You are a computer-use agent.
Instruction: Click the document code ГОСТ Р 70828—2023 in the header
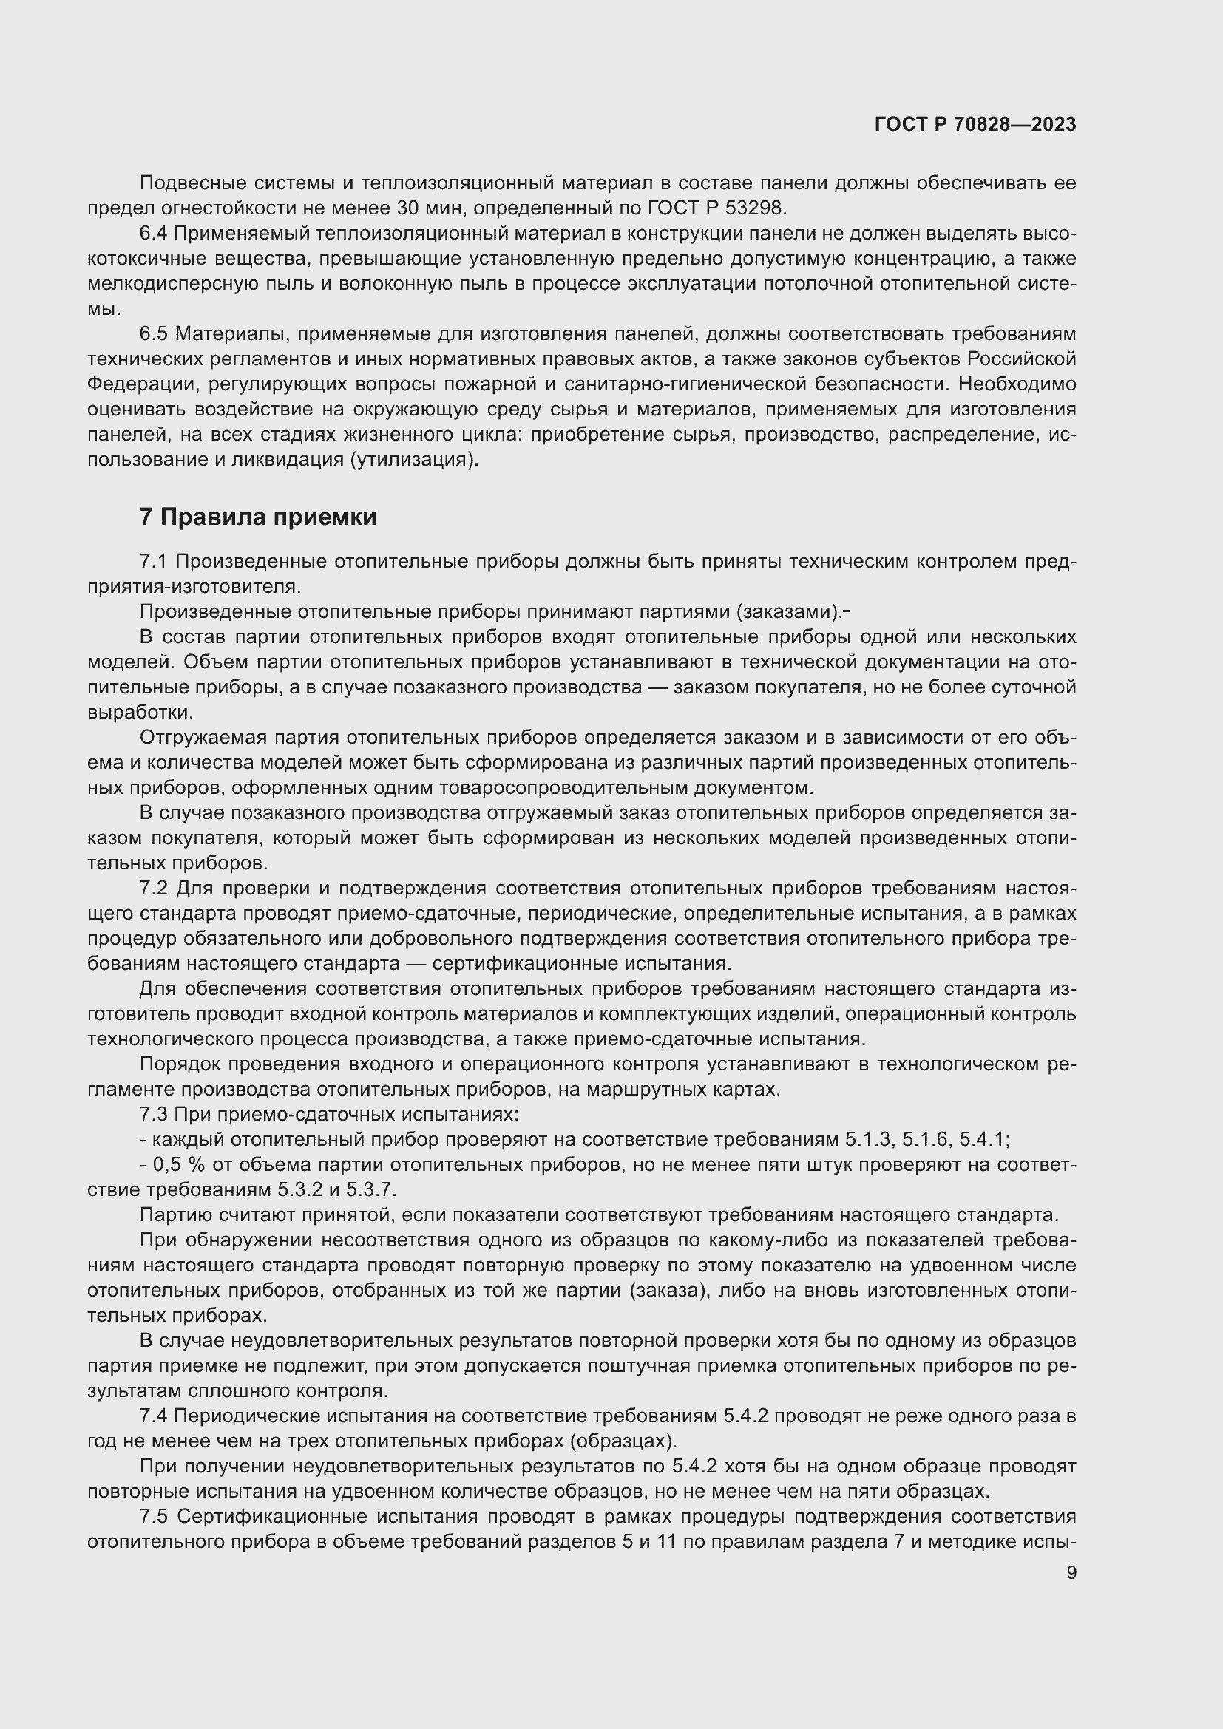click(975, 124)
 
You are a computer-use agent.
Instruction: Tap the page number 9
click(1071, 1572)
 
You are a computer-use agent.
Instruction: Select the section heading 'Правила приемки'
click(268, 517)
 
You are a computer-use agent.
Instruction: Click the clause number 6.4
click(154, 234)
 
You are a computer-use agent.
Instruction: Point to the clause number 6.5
click(154, 333)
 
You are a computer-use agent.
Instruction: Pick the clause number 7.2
click(154, 889)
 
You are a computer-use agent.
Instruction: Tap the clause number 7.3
click(154, 1115)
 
